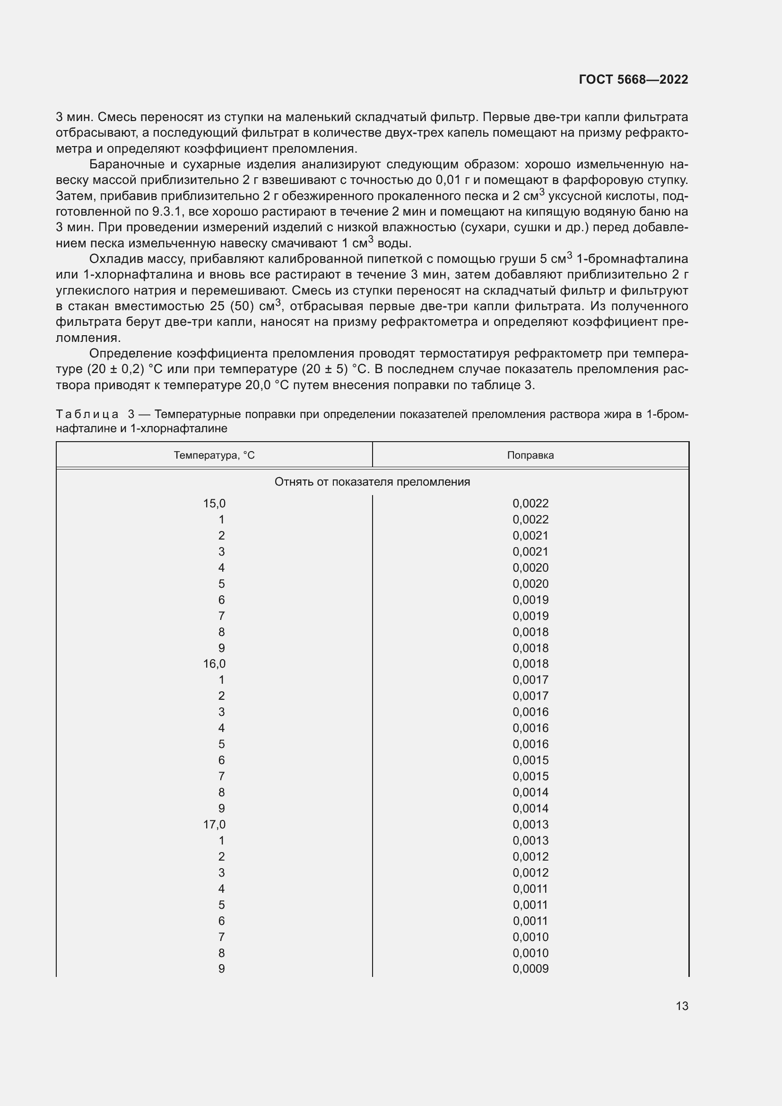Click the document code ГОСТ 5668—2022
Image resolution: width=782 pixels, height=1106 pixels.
tap(633, 79)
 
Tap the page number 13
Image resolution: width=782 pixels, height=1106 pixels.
tap(682, 1006)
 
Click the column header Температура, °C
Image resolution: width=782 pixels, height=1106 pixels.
tap(214, 455)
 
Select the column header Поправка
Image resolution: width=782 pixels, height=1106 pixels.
tap(530, 455)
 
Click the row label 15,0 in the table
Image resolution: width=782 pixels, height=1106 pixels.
tap(214, 504)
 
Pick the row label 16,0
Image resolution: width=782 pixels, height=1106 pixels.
tap(214, 664)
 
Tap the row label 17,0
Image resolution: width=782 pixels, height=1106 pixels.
tap(214, 824)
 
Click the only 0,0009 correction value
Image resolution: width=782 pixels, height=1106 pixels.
tap(530, 969)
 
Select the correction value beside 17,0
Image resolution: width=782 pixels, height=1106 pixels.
tap(530, 824)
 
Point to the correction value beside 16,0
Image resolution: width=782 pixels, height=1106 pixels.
tap(530, 664)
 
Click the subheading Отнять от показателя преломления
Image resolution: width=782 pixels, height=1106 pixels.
tap(372, 482)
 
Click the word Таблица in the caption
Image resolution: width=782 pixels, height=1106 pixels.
tap(87, 414)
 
